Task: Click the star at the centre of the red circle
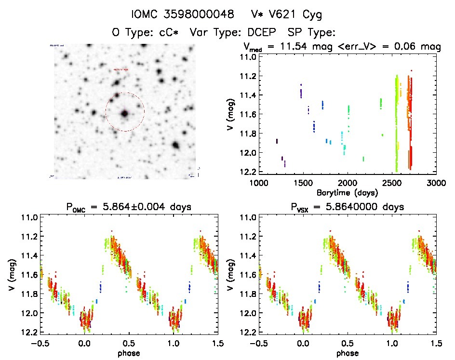(125, 114)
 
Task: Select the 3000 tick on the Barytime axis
(436, 183)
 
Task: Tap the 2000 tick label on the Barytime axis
(347, 183)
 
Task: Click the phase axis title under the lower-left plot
(128, 352)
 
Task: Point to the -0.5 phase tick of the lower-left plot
(39, 343)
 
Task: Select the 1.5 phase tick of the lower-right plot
(436, 343)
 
